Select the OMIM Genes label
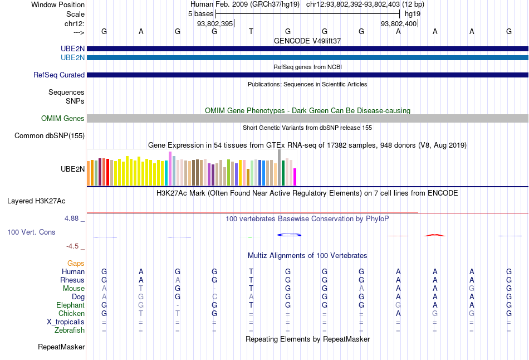click(x=62, y=118)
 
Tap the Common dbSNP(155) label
click(x=50, y=135)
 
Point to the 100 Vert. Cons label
click(x=31, y=232)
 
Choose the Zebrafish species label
click(x=70, y=330)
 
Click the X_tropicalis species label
click(x=66, y=322)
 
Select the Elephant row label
click(x=70, y=305)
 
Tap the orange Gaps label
click(x=76, y=263)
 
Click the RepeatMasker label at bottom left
click(x=61, y=347)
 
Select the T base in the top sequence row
click(x=251, y=31)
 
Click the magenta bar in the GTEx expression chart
click(x=295, y=177)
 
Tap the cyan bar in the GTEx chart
click(x=166, y=173)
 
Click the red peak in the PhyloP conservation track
click(x=435, y=235)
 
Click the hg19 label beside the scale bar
click(x=413, y=13)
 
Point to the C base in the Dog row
click(x=214, y=297)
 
